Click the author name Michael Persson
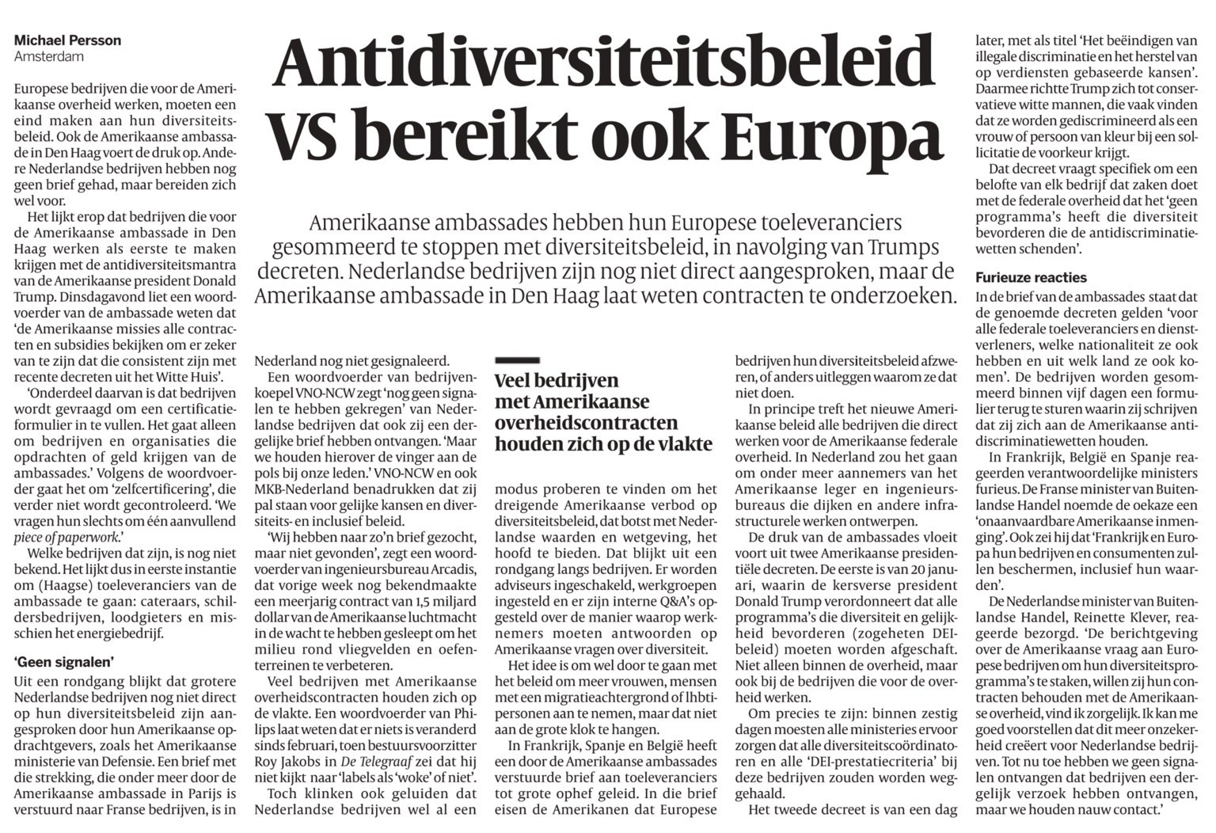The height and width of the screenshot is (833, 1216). coord(67,40)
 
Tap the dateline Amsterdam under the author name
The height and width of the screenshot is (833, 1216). coord(48,57)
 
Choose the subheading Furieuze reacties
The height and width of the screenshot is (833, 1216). coord(1031,278)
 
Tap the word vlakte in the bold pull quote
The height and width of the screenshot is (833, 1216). coord(681,444)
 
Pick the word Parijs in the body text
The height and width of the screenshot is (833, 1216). coord(201,793)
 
